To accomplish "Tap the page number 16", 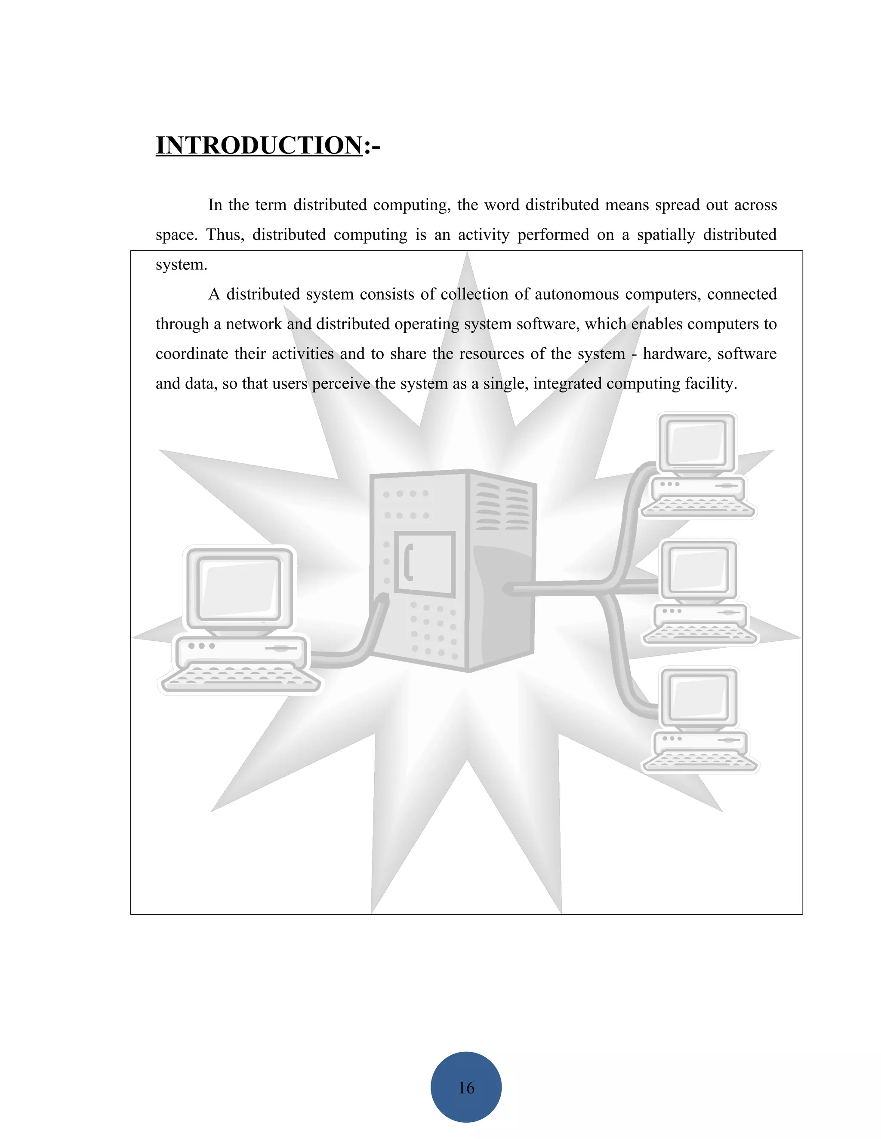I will coord(466,1087).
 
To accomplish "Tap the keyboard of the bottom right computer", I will coord(700,762).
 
